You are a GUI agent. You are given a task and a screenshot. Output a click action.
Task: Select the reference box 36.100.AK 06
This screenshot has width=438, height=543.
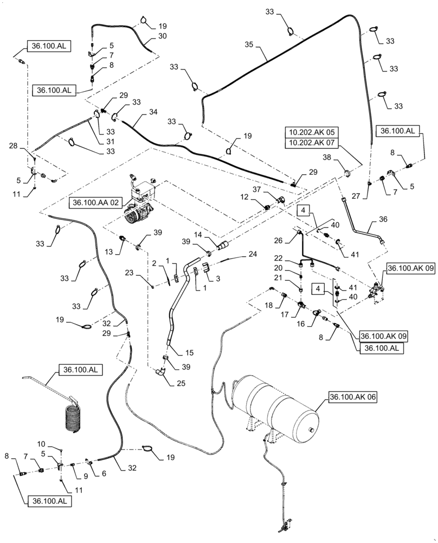[x=353, y=397]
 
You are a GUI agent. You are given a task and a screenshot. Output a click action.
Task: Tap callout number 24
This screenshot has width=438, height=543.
[x=252, y=254]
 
